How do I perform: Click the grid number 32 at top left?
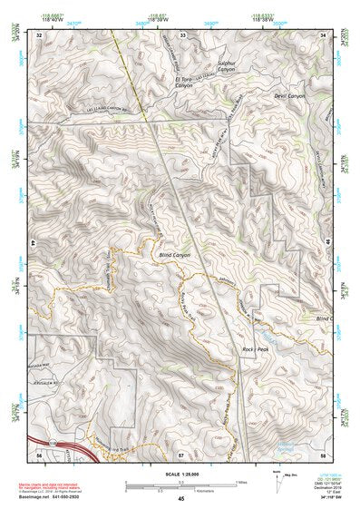pos(39,34)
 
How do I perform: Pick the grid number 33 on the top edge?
pos(182,34)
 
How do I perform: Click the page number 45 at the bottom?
pos(180,498)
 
